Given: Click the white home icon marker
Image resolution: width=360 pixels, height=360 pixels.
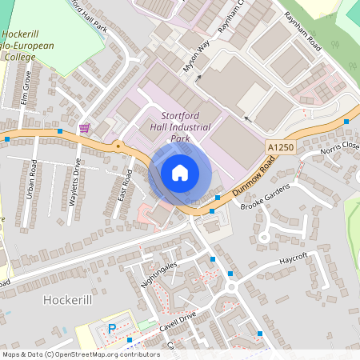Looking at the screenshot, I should [x=179, y=173].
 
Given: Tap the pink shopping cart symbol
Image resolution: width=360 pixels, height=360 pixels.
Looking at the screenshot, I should [x=84, y=128].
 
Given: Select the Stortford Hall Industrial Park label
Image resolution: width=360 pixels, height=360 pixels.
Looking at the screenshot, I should [x=180, y=127].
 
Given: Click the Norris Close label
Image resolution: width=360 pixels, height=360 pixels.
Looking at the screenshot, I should [x=340, y=149].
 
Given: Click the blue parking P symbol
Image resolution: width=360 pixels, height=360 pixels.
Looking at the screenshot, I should [x=112, y=328].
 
